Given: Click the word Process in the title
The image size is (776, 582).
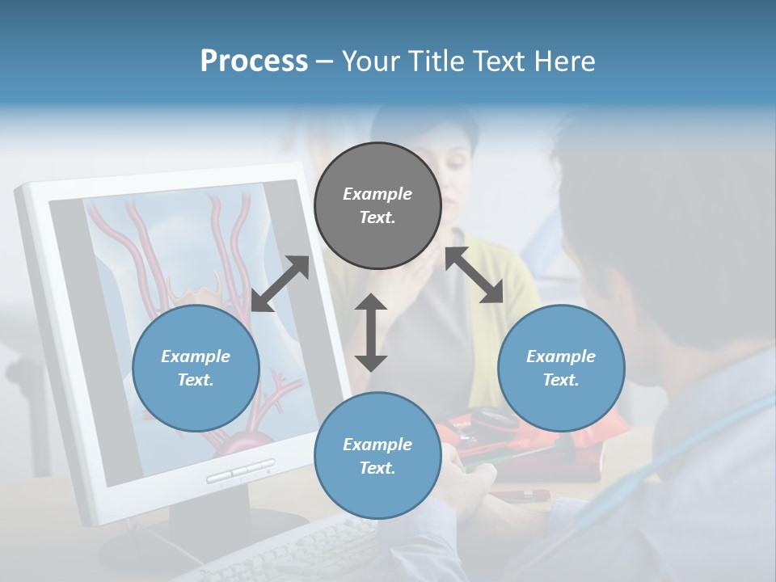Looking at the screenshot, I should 254,61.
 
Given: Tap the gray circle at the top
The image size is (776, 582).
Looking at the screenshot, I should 377,205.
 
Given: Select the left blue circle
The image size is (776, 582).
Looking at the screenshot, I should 196,368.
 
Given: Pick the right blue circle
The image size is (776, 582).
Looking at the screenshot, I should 561,368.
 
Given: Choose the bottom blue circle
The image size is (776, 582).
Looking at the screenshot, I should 377,455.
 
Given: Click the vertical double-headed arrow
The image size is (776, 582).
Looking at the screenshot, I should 371,332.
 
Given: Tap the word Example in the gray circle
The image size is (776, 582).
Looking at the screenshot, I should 377,194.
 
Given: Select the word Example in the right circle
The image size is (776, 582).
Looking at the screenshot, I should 561,356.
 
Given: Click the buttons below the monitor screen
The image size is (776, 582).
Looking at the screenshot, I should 240,471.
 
